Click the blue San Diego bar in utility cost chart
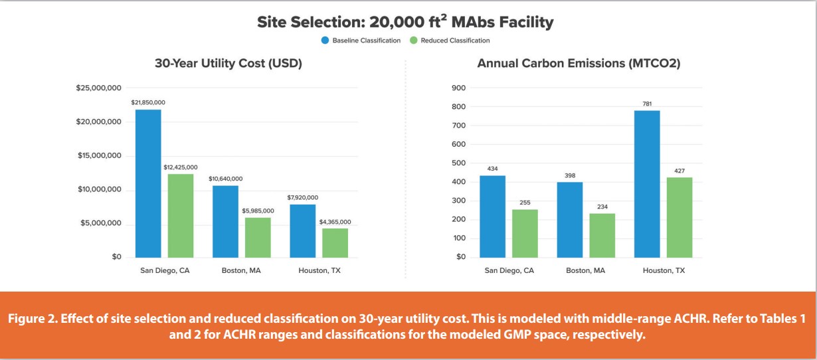(148, 183)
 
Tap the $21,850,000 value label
(148, 102)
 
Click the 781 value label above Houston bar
(647, 103)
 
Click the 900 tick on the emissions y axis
(458, 88)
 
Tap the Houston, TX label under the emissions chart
(664, 271)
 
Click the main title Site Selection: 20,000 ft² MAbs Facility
(405, 22)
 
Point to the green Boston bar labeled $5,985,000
(258, 237)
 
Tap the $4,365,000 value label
(335, 221)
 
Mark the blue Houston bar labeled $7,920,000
(303, 230)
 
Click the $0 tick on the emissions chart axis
(460, 257)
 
